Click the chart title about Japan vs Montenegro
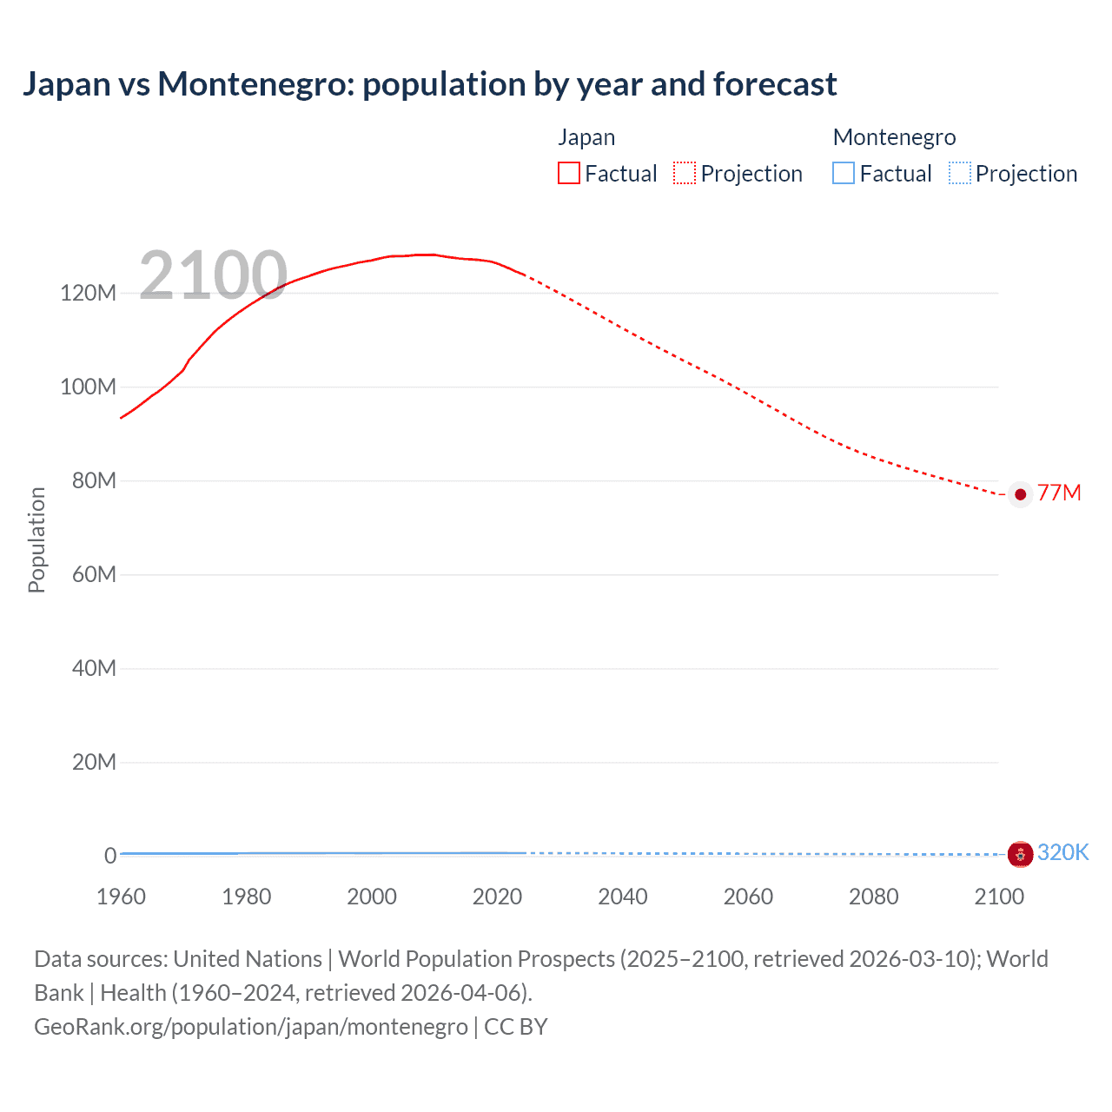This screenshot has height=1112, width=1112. (x=429, y=84)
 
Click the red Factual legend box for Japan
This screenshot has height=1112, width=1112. (x=569, y=174)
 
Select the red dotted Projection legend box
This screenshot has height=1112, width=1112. (x=685, y=174)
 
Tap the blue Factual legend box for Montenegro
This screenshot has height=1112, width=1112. (x=844, y=174)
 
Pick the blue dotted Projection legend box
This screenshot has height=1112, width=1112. (x=960, y=174)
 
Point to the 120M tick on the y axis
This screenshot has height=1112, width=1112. (x=88, y=293)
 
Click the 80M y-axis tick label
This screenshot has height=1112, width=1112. (x=93, y=480)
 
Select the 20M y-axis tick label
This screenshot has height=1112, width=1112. (x=93, y=762)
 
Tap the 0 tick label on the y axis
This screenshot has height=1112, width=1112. (x=109, y=856)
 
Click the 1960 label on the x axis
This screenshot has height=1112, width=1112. (x=121, y=897)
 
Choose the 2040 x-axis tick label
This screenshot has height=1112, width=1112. (x=623, y=897)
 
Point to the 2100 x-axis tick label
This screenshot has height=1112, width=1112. (x=999, y=897)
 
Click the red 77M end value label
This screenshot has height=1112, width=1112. (x=1059, y=493)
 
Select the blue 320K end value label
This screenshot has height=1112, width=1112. (x=1062, y=852)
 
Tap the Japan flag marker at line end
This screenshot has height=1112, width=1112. (x=1021, y=494)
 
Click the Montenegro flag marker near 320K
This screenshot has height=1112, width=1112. (x=1021, y=854)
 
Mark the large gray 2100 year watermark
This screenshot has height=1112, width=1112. (x=213, y=275)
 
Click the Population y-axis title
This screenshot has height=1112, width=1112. (x=36, y=539)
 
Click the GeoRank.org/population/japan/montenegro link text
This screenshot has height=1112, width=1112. (x=251, y=1027)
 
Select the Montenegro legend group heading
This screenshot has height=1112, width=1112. (x=894, y=137)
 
